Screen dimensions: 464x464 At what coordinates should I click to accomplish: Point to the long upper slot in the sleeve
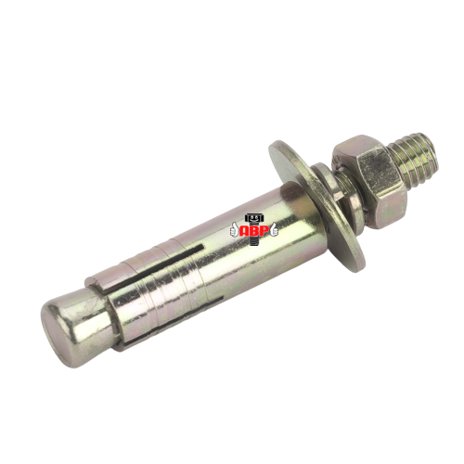point(158,266)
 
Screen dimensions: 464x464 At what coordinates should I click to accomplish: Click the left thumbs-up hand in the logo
point(234,230)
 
